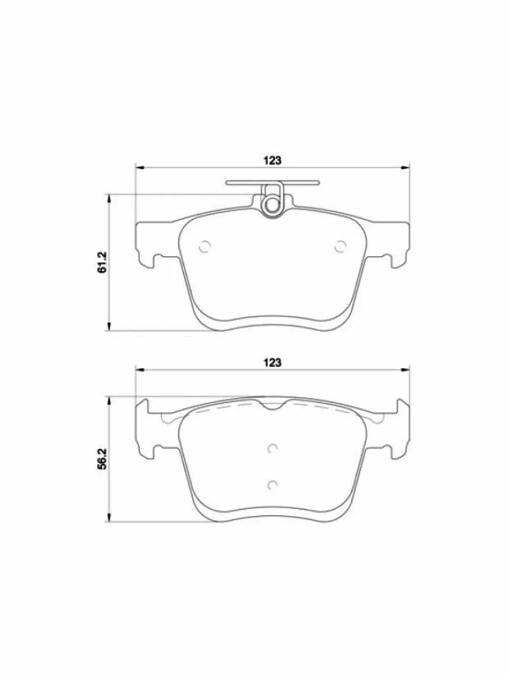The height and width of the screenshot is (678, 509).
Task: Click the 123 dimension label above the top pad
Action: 273,160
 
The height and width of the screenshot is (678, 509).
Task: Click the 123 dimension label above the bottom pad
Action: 273,363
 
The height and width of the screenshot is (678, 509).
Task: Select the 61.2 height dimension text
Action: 102,262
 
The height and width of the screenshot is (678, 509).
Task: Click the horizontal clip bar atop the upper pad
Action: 272,183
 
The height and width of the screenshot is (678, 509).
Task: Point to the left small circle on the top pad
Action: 205,246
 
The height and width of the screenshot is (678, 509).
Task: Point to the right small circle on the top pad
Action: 340,246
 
